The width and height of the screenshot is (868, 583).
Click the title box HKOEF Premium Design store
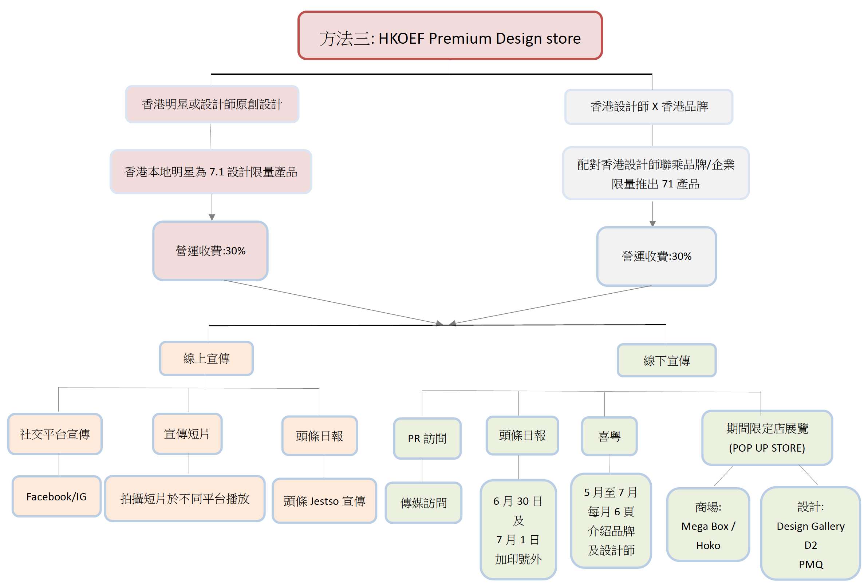coord(450,35)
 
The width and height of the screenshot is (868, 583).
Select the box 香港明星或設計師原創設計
coord(212,104)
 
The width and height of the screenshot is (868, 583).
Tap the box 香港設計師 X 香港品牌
coord(648,107)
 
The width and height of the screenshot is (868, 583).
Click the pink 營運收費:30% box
coord(210,251)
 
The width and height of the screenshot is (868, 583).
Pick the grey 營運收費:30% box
coord(656,256)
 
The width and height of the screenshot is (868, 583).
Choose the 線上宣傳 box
coord(206,358)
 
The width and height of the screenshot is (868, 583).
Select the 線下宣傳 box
coord(666,360)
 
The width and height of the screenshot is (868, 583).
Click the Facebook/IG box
coord(56,496)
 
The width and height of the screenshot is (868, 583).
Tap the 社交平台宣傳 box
coord(55,434)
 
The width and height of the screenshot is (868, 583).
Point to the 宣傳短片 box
coord(187,433)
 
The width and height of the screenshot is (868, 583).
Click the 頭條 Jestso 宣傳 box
coord(324,501)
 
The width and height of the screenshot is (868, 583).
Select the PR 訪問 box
coord(427,439)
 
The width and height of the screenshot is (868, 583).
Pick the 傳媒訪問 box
coord(423,503)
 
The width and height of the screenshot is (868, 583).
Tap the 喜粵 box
coord(609,436)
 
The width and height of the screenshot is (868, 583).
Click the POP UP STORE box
coord(767,438)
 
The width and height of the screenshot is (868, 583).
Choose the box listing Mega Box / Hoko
coord(708,524)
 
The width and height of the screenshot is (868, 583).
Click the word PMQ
coord(811,564)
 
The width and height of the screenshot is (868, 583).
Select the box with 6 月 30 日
coord(518,530)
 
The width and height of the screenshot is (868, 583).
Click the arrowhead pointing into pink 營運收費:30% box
coord(212,218)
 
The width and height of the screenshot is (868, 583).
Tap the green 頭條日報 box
coord(522,435)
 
